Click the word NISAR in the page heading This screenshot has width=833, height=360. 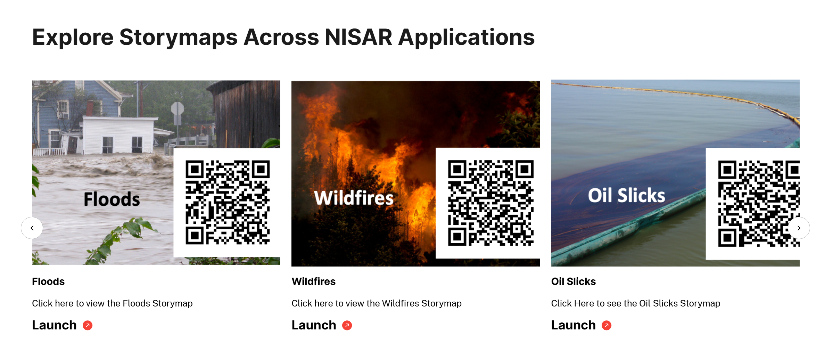tap(358, 37)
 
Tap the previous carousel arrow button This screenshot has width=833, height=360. tap(32, 228)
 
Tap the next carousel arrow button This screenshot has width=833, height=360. tap(799, 228)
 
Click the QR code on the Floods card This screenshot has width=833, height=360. tap(228, 202)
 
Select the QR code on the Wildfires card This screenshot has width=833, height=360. tap(490, 203)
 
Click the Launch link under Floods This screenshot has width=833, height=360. tap(55, 325)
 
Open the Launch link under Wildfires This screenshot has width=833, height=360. tap(314, 325)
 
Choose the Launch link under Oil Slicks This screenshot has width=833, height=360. tap(574, 325)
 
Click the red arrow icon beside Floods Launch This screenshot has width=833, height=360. tap(88, 325)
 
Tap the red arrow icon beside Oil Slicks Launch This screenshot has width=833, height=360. tap(607, 325)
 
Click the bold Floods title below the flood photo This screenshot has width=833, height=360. tap(48, 281)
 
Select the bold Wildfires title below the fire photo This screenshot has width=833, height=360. tap(314, 281)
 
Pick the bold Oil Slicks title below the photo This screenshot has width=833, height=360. tap(574, 281)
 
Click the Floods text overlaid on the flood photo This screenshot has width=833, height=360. tap(112, 199)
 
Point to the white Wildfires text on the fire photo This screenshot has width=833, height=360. tap(354, 198)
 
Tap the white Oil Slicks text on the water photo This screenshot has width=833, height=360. tap(626, 195)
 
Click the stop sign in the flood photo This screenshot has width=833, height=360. tap(178, 109)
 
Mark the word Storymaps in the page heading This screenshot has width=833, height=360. tap(179, 37)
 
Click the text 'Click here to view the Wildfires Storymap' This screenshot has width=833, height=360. tap(377, 303)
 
